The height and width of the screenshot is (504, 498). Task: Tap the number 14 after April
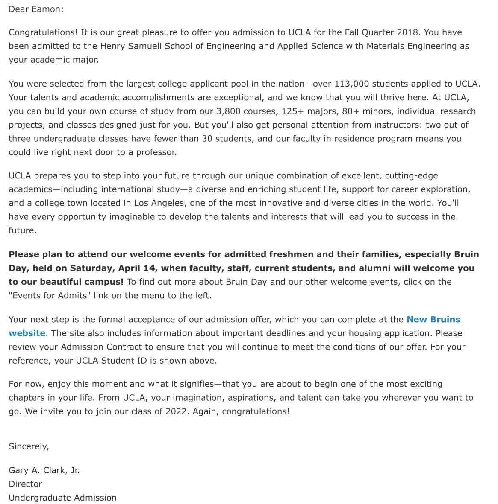tap(150, 268)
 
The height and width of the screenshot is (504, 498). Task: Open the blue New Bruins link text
tap(433, 320)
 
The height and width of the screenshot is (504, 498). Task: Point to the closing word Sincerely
tap(29, 446)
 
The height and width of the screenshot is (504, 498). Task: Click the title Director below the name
tap(25, 484)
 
